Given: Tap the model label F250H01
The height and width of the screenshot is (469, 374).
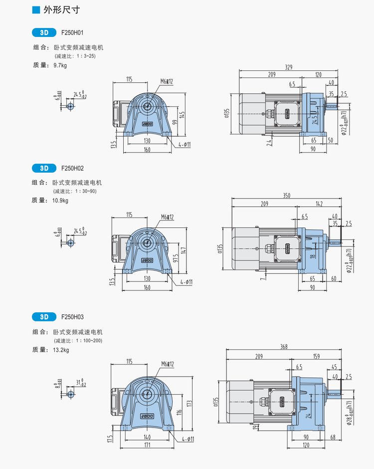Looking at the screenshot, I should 73,32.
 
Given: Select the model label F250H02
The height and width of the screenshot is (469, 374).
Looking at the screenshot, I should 73,168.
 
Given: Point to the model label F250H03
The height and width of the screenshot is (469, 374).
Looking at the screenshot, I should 73,317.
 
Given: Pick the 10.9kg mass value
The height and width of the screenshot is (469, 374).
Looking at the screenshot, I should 62,201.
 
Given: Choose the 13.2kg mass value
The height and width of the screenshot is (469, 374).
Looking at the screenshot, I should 62,350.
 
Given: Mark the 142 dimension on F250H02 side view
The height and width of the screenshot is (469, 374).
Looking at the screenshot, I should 319,204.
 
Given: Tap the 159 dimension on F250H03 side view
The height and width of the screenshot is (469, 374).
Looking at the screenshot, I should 317,356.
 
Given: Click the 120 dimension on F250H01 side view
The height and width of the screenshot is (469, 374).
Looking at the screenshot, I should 318,74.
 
